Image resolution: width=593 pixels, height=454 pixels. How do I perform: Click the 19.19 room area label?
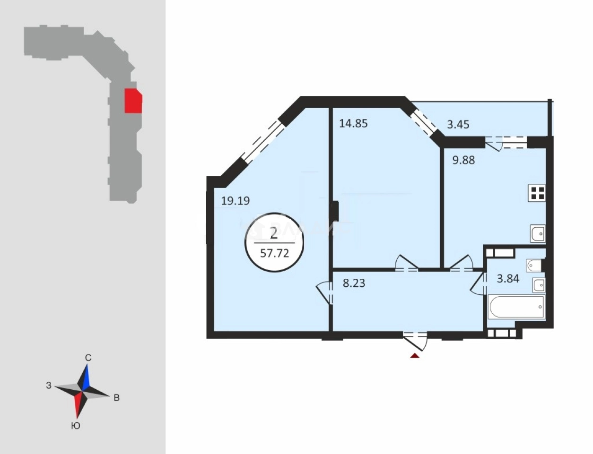click(x=235, y=201)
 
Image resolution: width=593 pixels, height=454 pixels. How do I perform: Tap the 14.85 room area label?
click(x=353, y=124)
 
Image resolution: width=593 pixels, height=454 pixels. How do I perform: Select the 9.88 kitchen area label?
click(x=463, y=160)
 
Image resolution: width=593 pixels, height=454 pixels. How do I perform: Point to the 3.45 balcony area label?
click(x=458, y=125)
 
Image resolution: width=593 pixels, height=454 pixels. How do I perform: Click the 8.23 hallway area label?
click(x=354, y=283)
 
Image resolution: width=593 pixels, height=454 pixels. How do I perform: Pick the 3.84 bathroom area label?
click(x=508, y=279)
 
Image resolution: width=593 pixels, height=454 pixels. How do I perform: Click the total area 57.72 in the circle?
click(x=274, y=253)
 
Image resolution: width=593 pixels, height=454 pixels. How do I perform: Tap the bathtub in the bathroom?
click(x=516, y=307)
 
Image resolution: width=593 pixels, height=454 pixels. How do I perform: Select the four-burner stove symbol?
click(x=537, y=193)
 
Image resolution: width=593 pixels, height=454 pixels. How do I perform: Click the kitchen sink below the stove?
click(x=538, y=233)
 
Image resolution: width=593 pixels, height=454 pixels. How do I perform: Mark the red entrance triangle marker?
click(x=415, y=355)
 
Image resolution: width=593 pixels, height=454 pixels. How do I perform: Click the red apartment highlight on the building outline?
click(x=133, y=101)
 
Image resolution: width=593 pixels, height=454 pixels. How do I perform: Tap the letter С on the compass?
click(x=88, y=358)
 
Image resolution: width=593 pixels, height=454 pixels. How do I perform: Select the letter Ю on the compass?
click(x=76, y=426)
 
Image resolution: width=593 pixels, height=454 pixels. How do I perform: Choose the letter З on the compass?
click(x=49, y=385)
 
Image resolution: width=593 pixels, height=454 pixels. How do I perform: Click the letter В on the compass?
click(x=116, y=398)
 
